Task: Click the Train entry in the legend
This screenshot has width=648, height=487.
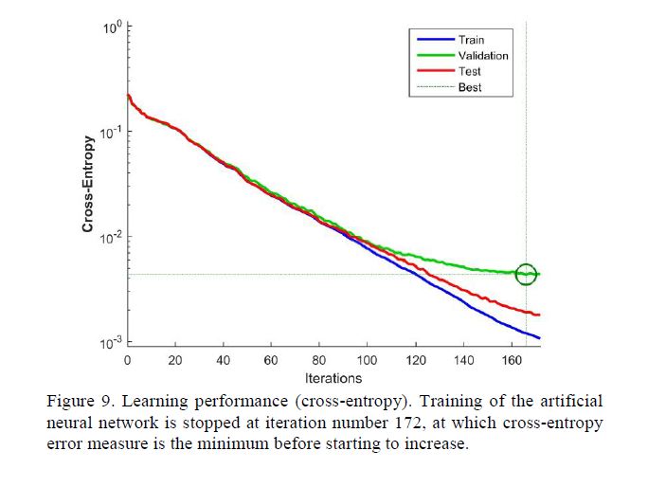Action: [471, 40]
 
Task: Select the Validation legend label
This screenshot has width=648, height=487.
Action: [482, 55]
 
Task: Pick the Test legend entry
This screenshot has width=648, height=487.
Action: [469, 71]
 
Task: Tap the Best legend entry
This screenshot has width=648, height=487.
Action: [469, 87]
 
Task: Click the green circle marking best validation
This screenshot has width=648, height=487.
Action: [526, 274]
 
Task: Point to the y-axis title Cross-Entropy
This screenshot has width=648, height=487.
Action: [87, 185]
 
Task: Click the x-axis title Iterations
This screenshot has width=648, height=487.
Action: [333, 378]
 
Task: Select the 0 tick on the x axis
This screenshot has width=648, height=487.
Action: [128, 360]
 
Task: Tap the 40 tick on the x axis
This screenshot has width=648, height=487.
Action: [223, 360]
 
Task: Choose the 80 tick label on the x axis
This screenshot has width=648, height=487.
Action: [318, 360]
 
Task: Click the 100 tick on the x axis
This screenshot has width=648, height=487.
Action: [367, 360]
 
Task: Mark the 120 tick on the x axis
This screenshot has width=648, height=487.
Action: [415, 360]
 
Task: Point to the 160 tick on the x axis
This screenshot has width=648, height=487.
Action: [511, 360]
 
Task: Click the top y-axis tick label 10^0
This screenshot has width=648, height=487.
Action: [113, 29]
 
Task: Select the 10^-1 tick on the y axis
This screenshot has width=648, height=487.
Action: [111, 132]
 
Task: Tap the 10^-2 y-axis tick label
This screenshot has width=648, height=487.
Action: [111, 237]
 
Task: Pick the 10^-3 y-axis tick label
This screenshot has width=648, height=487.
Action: [111, 341]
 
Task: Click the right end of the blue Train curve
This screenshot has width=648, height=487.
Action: [539, 338]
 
